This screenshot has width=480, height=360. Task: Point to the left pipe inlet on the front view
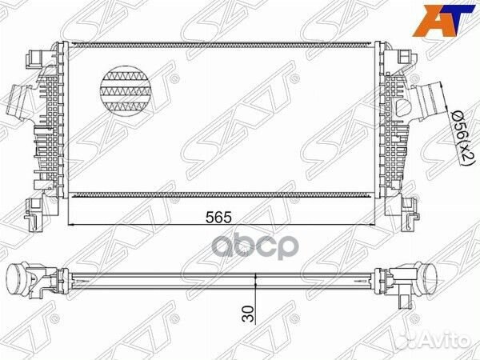coord(19,112)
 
